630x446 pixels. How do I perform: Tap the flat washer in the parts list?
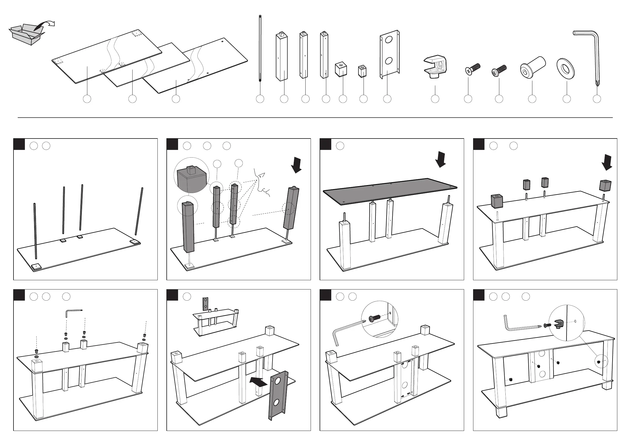click(565, 68)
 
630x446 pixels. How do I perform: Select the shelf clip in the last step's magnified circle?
click(558, 324)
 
